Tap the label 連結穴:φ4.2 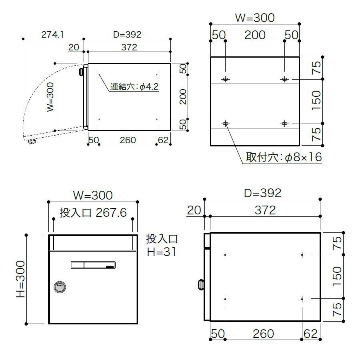click(x=135, y=86)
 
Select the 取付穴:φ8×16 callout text click(x=284, y=157)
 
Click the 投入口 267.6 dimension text click(x=93, y=212)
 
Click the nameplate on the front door click(x=93, y=265)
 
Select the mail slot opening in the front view click(x=93, y=242)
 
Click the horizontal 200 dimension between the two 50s click(x=255, y=35)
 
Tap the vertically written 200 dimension click(x=183, y=97)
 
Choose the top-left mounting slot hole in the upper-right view click(x=226, y=79)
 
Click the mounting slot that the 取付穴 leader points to click(x=226, y=124)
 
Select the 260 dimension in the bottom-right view click(x=263, y=333)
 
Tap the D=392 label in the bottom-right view click(x=263, y=193)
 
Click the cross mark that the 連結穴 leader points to click(x=99, y=74)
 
